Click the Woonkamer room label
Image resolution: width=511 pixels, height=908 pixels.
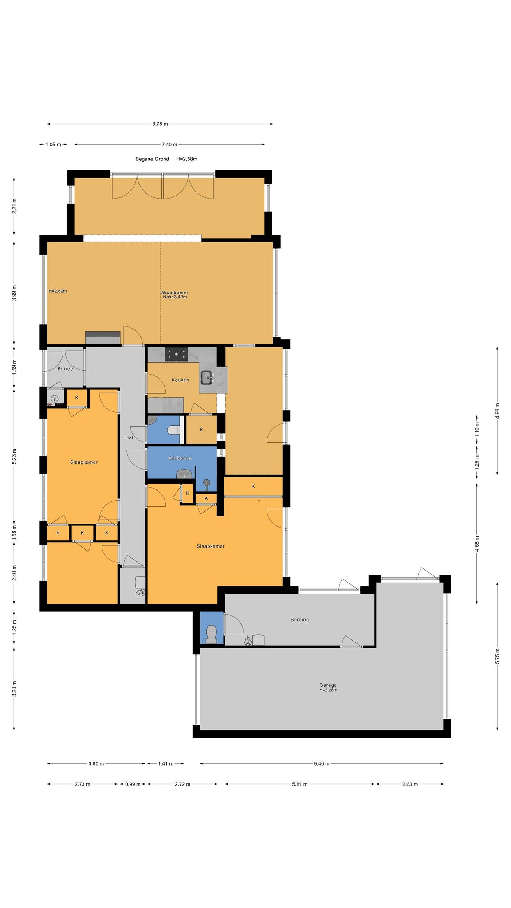[174, 293]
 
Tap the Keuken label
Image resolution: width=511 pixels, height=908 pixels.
[180, 380]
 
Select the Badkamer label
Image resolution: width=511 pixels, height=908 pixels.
[180, 458]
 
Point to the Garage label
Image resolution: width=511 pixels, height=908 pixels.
[328, 685]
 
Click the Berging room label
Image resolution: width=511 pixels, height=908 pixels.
[300, 619]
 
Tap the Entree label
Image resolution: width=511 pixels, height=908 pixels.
[65, 369]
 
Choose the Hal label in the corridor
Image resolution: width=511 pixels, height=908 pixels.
[129, 438]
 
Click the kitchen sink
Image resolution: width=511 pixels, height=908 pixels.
[207, 377]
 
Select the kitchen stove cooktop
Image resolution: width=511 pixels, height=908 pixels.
[177, 354]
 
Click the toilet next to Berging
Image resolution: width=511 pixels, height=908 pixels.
[212, 634]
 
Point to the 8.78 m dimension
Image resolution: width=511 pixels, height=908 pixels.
[160, 124]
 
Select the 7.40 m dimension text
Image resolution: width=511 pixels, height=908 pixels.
[169, 145]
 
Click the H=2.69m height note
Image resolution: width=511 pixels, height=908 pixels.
[58, 291]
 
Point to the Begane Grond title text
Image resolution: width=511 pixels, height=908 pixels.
[152, 159]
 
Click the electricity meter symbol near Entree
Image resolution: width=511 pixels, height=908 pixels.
[55, 399]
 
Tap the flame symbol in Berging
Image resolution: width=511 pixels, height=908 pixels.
[248, 640]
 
